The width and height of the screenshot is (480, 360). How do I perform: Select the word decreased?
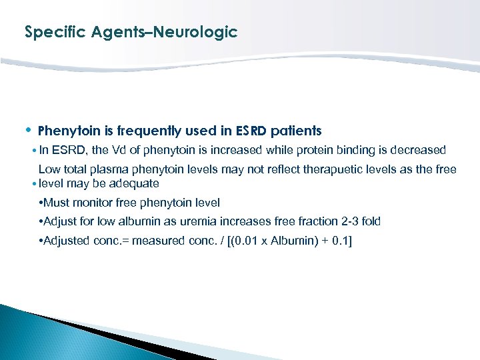point(418,150)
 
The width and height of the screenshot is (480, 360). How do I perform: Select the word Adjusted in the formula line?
point(65,241)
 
